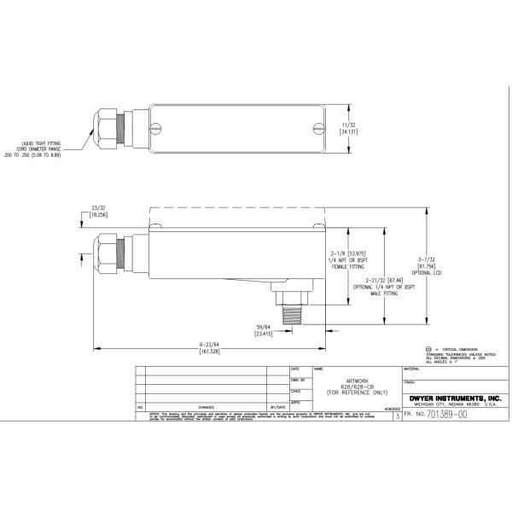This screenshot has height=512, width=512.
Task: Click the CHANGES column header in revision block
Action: tap(206, 407)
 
